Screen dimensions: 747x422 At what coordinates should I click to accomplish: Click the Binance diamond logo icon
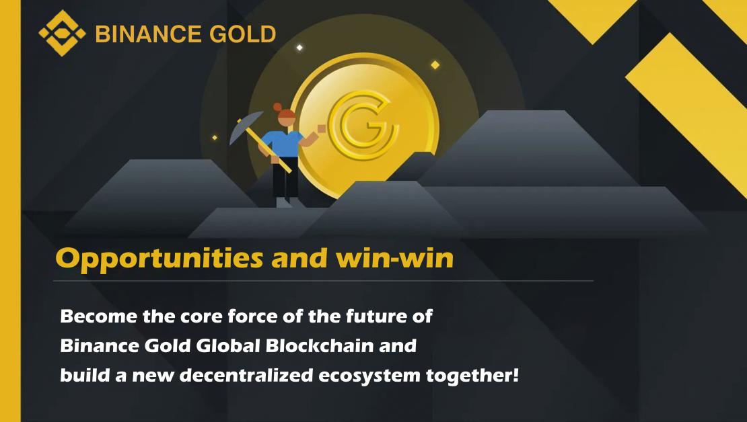62,33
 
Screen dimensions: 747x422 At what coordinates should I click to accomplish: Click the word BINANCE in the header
147,34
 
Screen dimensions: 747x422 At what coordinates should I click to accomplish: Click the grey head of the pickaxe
246,127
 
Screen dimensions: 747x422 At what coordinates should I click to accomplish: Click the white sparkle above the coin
299,48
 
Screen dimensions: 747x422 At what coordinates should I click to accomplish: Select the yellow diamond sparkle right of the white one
435,65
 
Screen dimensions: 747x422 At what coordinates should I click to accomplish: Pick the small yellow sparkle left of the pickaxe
215,138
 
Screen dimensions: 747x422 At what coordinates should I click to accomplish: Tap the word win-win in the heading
395,258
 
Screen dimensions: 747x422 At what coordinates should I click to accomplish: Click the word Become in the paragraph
99,316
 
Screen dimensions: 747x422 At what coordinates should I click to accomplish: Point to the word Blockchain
320,345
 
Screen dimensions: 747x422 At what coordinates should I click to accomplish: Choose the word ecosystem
369,376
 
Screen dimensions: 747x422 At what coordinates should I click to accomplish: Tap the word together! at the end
472,376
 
